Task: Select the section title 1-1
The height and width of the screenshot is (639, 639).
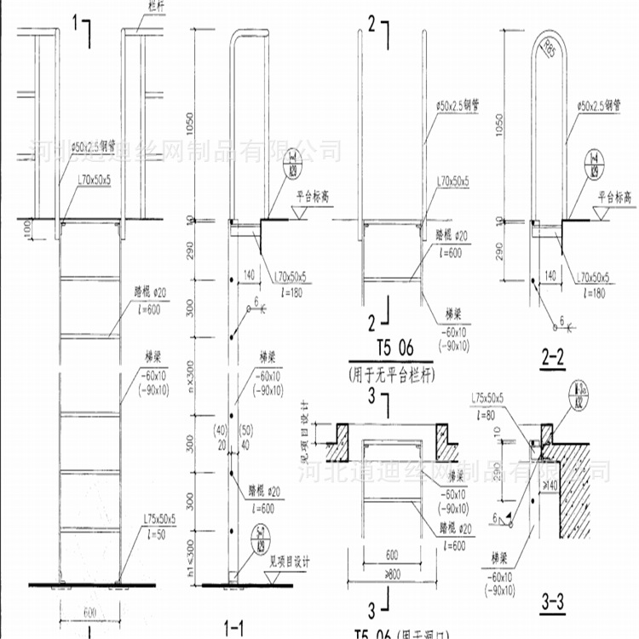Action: (233, 628)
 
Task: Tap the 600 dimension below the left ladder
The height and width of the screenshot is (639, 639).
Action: (90, 610)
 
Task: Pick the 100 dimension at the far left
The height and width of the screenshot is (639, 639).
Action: (27, 229)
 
